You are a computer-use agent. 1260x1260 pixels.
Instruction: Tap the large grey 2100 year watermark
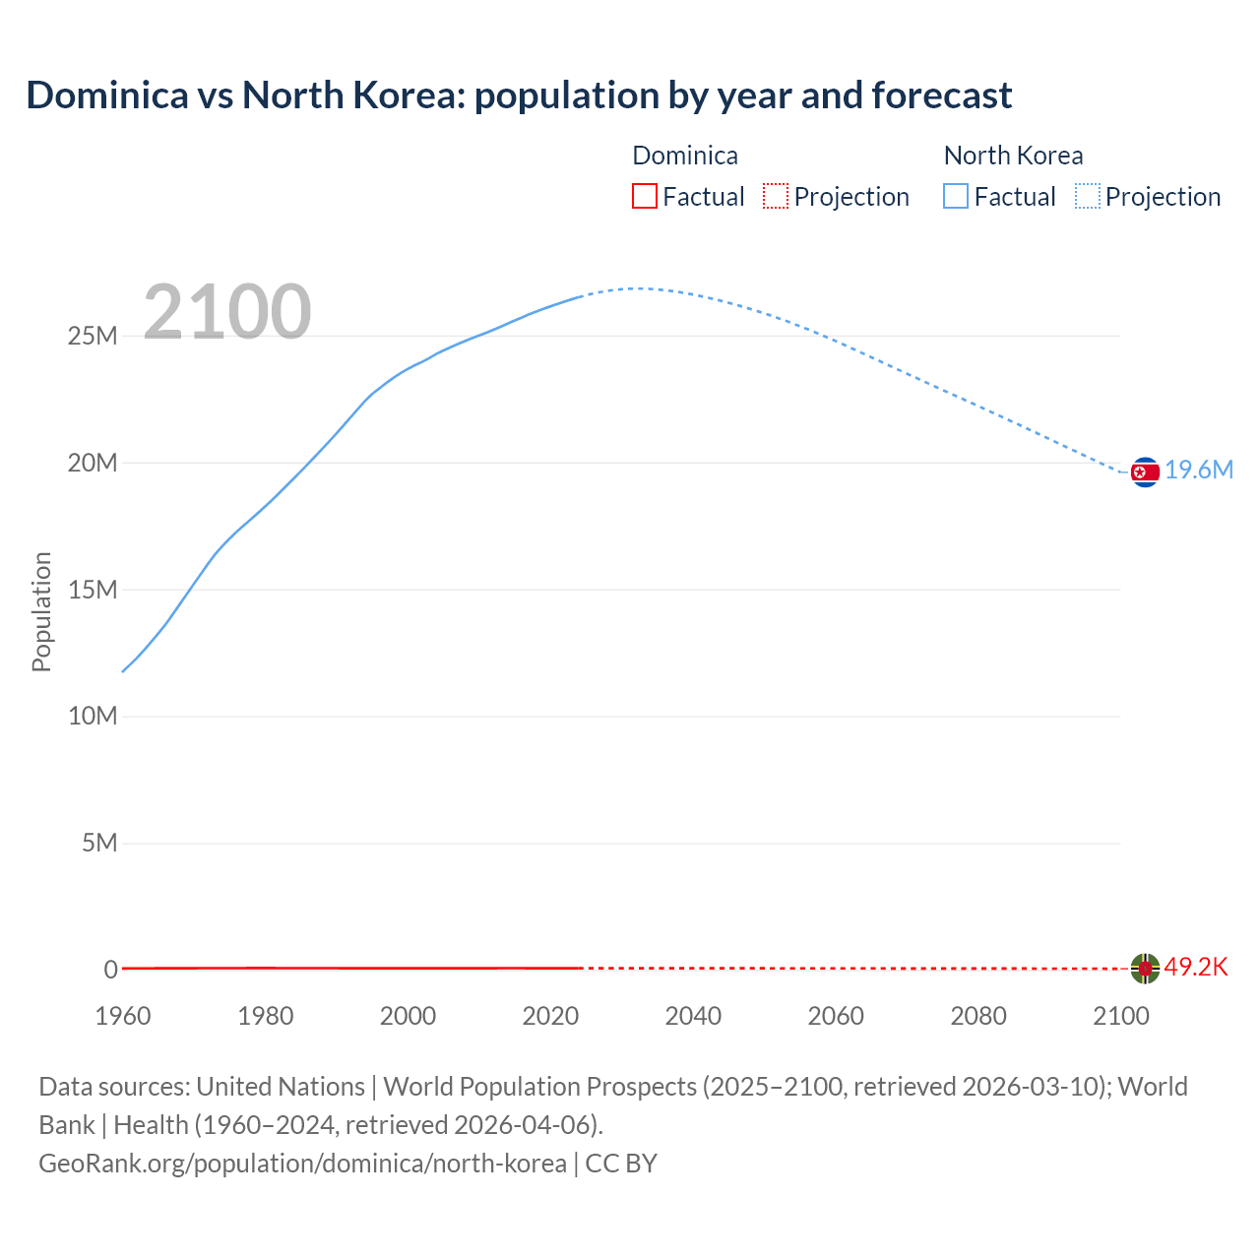point(227,312)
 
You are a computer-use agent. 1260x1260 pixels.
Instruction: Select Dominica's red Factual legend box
point(644,196)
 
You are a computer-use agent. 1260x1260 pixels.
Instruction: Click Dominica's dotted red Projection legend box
point(776,196)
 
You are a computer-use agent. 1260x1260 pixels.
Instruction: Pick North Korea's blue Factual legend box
point(956,196)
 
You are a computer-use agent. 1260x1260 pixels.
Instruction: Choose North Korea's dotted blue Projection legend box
point(1088,196)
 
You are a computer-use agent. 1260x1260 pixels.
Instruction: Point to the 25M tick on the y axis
point(93,337)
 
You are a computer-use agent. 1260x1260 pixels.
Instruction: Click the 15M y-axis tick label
point(93,590)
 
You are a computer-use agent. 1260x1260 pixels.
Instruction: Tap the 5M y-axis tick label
point(99,844)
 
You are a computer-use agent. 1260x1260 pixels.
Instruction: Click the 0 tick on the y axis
point(111,970)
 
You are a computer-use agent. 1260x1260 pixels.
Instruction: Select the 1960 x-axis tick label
point(123,1016)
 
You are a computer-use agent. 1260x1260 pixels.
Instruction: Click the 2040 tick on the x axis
point(693,1016)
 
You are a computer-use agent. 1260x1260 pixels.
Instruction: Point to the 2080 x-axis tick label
point(978,1016)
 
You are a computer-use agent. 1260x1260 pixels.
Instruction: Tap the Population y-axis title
point(41,611)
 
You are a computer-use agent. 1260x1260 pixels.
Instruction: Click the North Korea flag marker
point(1145,472)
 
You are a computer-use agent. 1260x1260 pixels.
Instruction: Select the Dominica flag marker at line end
point(1145,969)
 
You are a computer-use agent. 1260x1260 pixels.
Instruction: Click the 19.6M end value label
point(1199,471)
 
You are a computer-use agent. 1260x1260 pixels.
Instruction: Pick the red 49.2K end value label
point(1196,968)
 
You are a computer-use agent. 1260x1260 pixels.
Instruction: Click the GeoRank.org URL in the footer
point(302,1164)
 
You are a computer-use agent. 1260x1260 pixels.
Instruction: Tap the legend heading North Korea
point(1013,156)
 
